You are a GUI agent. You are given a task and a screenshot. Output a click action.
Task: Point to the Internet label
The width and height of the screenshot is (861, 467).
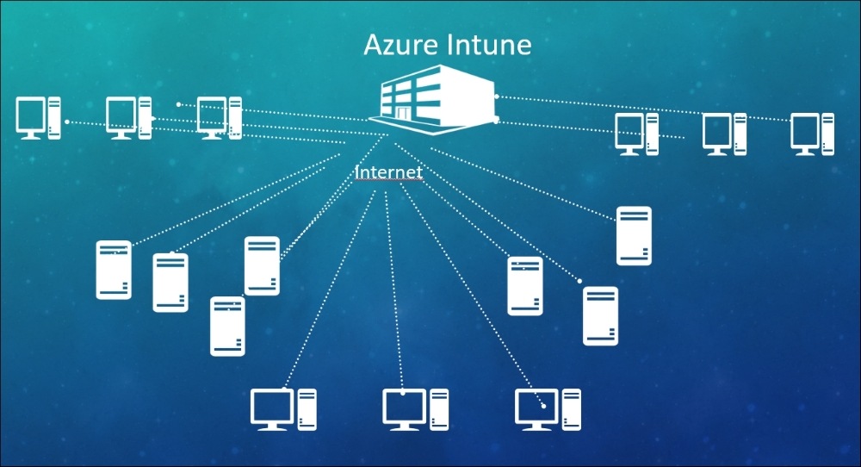[388, 172]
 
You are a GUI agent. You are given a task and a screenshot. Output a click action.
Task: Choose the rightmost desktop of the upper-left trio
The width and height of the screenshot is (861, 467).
[219, 118]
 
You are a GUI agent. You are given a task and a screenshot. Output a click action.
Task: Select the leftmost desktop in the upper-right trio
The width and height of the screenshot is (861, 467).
[636, 134]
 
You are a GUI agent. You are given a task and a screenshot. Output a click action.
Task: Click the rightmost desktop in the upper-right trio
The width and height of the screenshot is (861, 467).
[813, 134]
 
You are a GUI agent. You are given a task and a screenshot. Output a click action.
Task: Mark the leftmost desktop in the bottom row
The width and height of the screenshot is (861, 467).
[283, 409]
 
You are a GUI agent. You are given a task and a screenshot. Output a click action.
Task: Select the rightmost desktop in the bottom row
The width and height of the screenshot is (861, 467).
[548, 409]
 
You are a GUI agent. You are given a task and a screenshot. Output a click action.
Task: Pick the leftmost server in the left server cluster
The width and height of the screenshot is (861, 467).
[114, 270]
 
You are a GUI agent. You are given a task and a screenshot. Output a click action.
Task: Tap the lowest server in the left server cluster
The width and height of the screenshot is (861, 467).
[227, 326]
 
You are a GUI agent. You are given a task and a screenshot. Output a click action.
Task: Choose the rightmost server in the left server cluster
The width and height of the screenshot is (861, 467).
[262, 265]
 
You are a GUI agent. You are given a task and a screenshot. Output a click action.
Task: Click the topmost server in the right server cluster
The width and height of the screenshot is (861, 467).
[634, 235]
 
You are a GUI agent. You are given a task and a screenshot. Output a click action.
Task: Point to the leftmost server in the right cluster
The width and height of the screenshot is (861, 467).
[525, 285]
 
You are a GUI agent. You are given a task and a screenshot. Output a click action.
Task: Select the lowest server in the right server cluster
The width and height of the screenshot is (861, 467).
[600, 315]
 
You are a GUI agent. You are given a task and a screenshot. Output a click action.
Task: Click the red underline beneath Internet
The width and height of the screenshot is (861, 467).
[388, 182]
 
